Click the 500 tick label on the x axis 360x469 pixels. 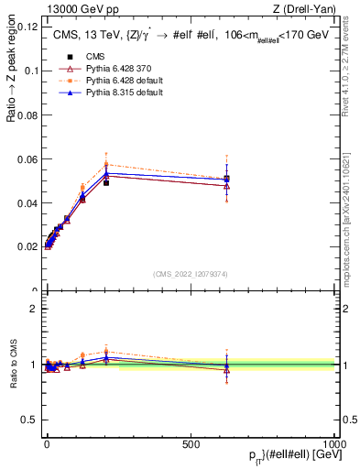(191, 443)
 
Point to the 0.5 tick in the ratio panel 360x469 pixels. (30, 420)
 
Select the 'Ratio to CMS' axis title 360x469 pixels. (12, 364)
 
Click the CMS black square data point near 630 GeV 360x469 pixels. (226, 179)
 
